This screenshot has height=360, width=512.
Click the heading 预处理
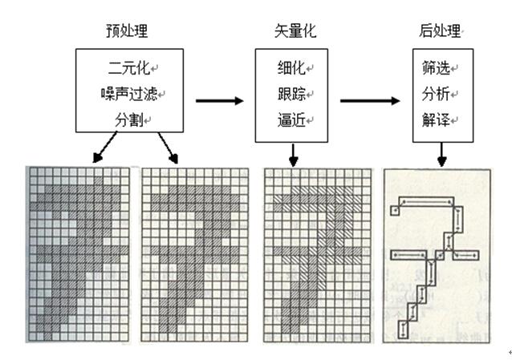coord(126,31)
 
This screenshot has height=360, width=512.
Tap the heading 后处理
coord(440,31)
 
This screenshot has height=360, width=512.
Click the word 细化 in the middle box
coord(287,66)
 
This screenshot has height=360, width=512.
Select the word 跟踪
coord(287,92)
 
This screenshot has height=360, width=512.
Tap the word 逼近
coord(287,119)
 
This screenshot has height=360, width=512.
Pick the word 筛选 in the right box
coord(434,66)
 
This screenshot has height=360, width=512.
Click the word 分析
coord(434,92)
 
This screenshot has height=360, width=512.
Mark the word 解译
coord(434,119)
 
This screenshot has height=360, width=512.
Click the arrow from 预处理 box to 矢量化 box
coord(219,101)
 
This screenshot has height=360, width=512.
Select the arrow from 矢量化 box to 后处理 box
coord(369,101)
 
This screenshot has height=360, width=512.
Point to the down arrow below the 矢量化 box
coord(293,153)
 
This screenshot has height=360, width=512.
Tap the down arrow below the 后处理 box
coord(442,155)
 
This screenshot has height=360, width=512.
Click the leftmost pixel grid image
coord(78,253)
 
